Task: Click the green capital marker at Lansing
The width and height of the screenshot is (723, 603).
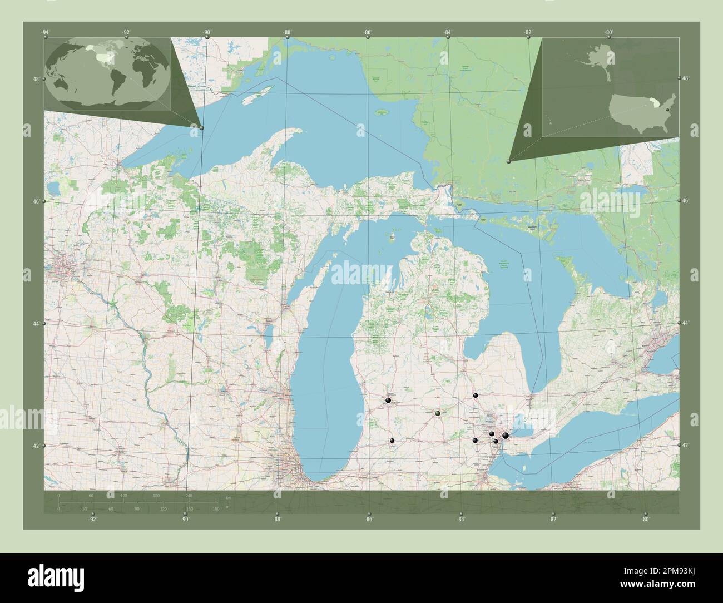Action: [x=438, y=413]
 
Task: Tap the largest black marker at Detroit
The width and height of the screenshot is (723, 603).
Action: [x=505, y=436]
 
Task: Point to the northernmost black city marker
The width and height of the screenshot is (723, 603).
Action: [x=476, y=395]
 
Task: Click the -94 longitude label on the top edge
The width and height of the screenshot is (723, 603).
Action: [x=45, y=32]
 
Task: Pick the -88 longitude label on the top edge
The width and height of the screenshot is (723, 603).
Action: [x=287, y=32]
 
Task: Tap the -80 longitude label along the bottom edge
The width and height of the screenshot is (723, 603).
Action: [x=645, y=520]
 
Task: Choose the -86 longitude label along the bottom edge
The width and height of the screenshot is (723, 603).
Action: [x=369, y=520]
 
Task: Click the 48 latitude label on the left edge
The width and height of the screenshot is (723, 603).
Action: [x=36, y=80]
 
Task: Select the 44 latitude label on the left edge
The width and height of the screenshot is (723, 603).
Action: [x=36, y=324]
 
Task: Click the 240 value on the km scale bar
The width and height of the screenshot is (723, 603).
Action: [x=189, y=495]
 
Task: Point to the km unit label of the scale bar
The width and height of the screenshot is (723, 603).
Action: [x=229, y=497]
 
